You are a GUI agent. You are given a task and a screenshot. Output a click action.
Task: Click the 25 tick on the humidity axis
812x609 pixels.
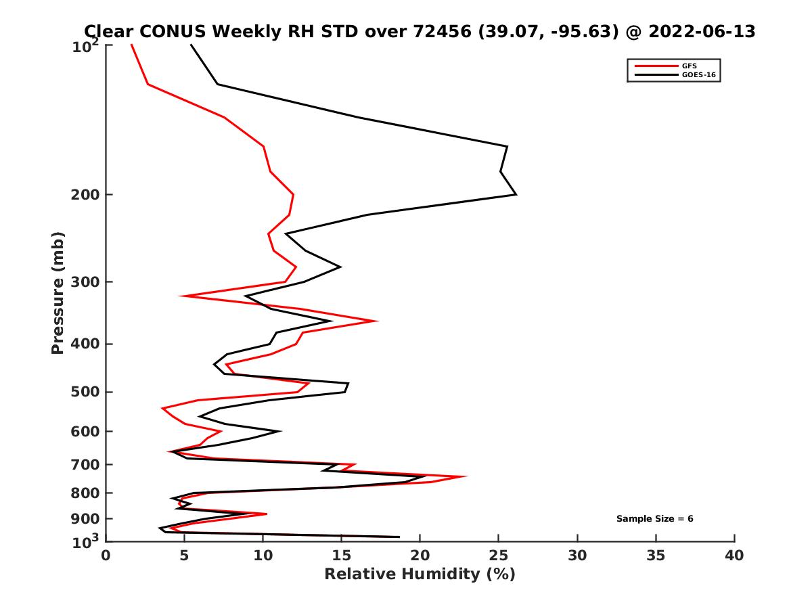pos(499,556)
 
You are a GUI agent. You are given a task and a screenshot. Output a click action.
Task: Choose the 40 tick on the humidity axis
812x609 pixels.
pos(734,556)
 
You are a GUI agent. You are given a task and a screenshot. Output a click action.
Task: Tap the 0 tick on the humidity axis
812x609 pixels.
pos(106,556)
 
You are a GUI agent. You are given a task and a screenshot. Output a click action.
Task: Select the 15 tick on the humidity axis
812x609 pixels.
pos(342,556)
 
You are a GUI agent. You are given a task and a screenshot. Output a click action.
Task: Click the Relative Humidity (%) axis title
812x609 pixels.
pos(420,574)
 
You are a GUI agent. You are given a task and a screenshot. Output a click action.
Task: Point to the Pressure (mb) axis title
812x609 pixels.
pos(58,292)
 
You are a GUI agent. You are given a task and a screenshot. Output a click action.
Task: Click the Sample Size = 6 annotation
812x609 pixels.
pos(654,519)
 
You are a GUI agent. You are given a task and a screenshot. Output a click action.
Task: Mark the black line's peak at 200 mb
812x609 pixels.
pos(516,195)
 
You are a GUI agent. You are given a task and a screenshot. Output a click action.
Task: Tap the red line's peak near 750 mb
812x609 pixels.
pos(466,476)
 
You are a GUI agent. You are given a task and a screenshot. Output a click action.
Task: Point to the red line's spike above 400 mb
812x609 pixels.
pos(377,321)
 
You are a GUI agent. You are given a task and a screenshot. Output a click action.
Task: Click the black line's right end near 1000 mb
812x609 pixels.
pos(399,537)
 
